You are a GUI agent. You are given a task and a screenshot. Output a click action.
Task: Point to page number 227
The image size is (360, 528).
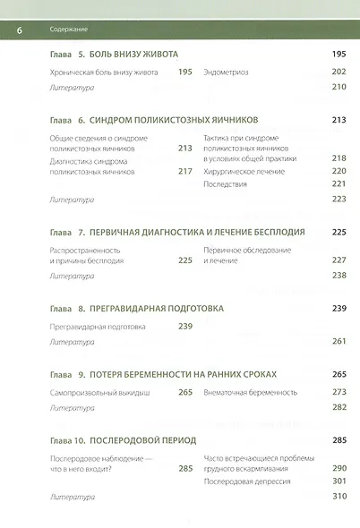coord(339,260)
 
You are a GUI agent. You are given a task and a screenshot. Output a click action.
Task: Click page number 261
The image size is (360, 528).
coord(339,342)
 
